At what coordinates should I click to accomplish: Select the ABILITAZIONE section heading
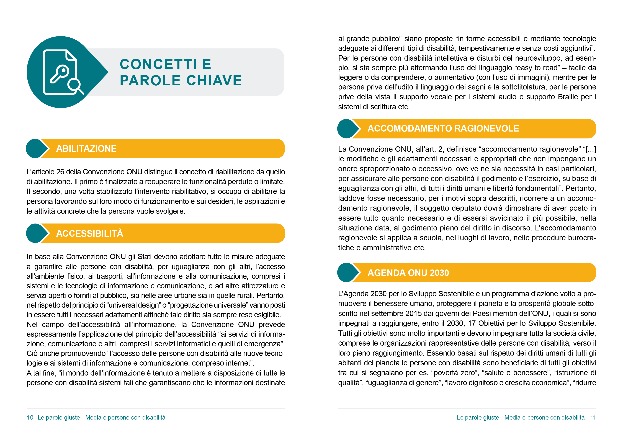coord(86,149)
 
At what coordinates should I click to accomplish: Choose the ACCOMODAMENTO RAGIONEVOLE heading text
coord(443,129)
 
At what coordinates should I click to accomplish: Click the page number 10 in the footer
coord(30,418)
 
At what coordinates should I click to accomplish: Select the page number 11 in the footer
coord(593,418)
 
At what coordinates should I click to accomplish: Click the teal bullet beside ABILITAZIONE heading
coord(36,149)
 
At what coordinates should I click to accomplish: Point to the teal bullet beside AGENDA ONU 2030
coord(347,273)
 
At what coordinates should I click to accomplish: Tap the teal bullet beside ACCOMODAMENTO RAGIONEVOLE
coord(347,129)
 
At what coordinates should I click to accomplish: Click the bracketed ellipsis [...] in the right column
coord(591,149)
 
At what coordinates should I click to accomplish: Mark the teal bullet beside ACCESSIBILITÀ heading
coord(36,233)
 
